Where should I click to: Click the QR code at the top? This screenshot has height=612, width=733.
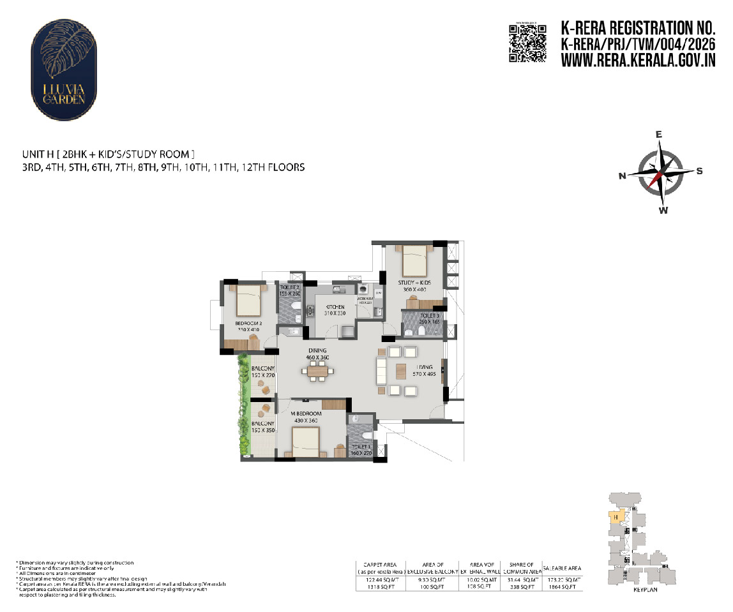pos(527,43)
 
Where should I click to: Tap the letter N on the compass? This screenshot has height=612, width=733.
pos(622,177)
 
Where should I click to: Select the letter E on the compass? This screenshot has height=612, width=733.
pos(660,135)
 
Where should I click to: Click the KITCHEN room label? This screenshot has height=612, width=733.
pos(335,307)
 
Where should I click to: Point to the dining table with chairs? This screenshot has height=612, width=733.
pos(315,370)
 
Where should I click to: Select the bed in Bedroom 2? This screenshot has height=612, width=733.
pos(248,301)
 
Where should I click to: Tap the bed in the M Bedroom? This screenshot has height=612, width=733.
pos(305,440)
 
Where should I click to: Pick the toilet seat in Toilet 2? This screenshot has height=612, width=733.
pos(295,313)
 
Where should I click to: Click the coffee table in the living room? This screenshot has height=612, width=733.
pos(400,371)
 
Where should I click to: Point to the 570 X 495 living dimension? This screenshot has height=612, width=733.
pos(421,376)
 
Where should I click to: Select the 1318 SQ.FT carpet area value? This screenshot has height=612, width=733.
pos(381,586)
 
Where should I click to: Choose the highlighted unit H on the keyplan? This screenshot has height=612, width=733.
pos(614,517)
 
